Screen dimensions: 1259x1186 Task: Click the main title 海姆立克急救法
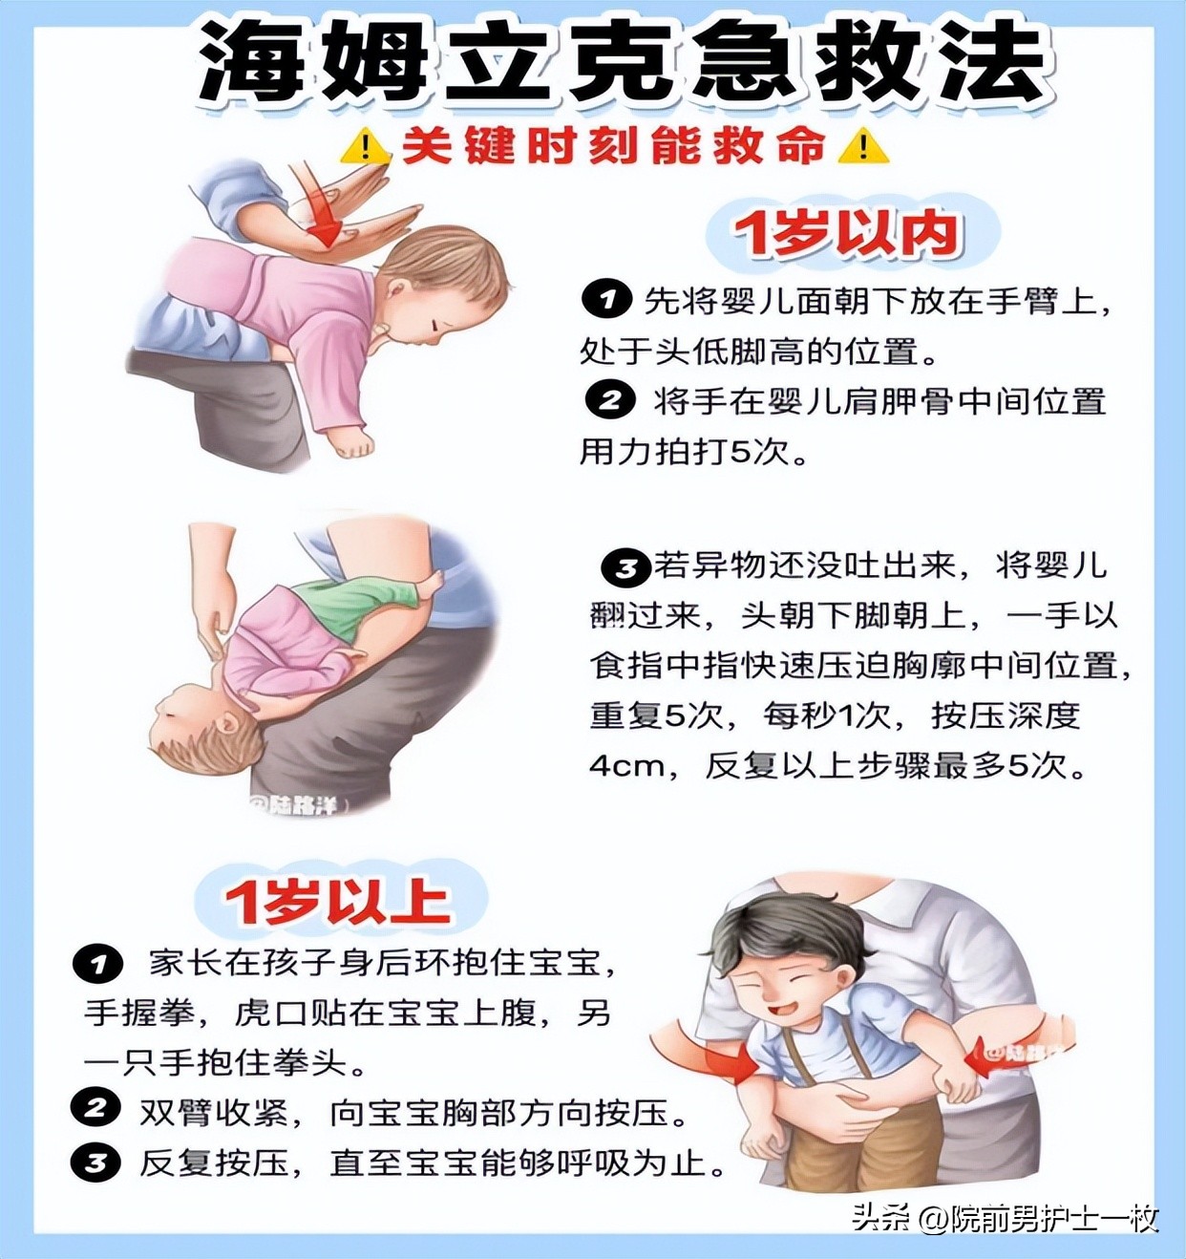pyautogui.click(x=625, y=63)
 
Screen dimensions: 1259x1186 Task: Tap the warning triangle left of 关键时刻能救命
pyautogui.click(x=364, y=147)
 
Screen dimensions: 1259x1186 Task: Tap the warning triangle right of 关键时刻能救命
pyautogui.click(x=863, y=147)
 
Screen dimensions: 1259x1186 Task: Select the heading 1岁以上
pyautogui.click(x=338, y=901)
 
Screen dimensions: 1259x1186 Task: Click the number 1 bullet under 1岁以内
pyautogui.click(x=606, y=300)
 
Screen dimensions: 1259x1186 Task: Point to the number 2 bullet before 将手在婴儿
pyautogui.click(x=609, y=399)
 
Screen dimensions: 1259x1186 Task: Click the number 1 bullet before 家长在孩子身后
pyautogui.click(x=97, y=964)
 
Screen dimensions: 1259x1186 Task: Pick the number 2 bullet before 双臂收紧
pyautogui.click(x=95, y=1109)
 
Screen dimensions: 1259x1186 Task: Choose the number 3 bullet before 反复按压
pyautogui.click(x=95, y=1163)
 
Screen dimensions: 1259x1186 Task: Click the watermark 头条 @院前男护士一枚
pyautogui.click(x=1004, y=1219)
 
